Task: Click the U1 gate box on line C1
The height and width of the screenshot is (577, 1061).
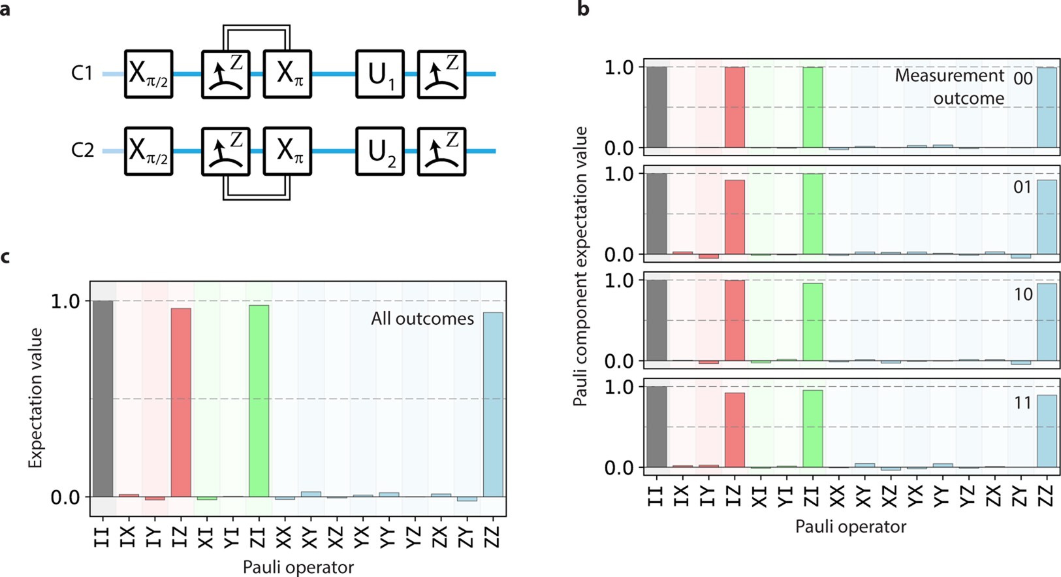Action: [380, 74]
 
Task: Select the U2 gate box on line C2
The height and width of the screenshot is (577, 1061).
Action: [380, 152]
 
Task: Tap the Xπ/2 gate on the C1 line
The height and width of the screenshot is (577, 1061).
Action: [149, 74]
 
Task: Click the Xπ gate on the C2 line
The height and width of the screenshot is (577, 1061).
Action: [287, 152]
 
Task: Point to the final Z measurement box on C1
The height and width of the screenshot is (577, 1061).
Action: [441, 74]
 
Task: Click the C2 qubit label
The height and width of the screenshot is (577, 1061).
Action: [83, 150]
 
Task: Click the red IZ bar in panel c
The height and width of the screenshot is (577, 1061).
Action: [181, 403]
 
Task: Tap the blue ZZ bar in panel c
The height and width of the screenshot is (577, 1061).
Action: [493, 405]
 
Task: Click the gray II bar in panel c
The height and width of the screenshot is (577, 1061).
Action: [103, 399]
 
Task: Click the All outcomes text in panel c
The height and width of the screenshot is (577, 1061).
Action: [422, 319]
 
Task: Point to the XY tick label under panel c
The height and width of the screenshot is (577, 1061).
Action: [311, 537]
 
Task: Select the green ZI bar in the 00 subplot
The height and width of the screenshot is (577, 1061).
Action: [813, 107]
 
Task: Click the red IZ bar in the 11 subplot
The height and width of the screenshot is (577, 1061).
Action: [735, 430]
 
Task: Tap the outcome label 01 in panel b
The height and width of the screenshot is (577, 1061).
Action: [1022, 188]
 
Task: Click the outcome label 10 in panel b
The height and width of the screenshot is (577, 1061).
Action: [1022, 295]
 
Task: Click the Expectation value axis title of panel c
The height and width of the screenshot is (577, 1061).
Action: [35, 398]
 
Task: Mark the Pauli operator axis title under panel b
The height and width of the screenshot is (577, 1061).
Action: [850, 527]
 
